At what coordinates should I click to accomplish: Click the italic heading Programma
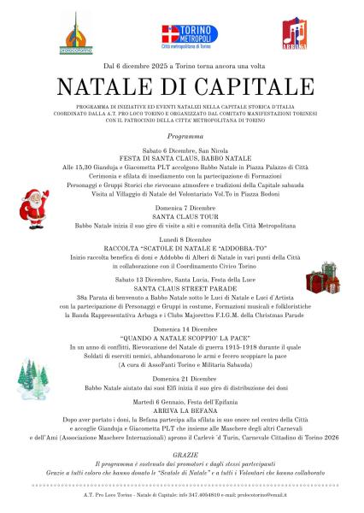pyautogui.click(x=181, y=136)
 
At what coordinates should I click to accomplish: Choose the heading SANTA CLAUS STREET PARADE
pyautogui.click(x=181, y=288)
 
